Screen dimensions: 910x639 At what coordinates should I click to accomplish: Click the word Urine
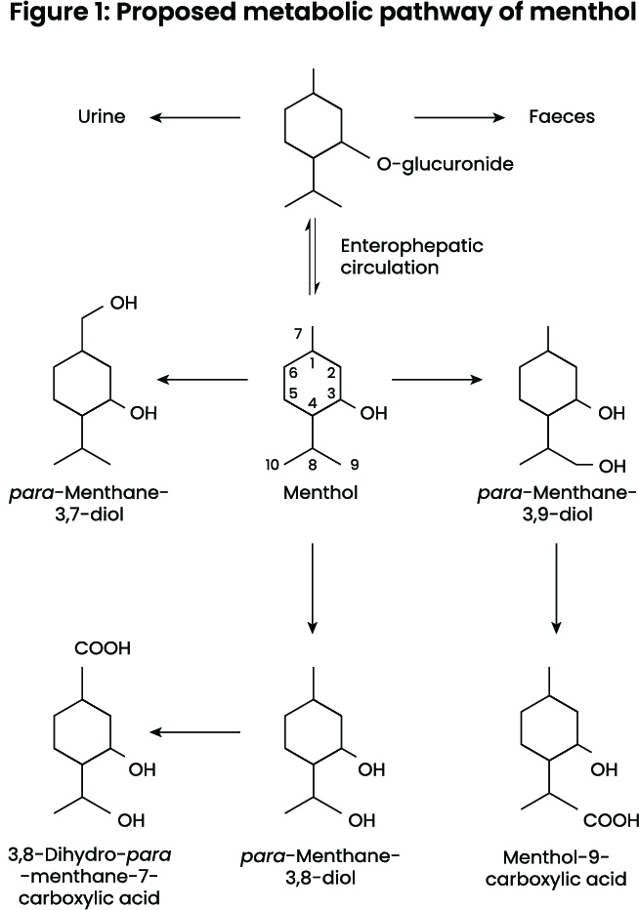102,117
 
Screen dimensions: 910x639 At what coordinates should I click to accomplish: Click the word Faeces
562,117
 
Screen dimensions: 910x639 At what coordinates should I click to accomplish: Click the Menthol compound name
320,493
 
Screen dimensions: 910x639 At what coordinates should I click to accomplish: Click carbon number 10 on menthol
275,463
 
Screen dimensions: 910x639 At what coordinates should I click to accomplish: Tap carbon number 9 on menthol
355,463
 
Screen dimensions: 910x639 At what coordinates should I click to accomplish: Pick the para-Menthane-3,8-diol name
320,867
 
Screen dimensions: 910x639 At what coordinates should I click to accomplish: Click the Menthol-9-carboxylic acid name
557,867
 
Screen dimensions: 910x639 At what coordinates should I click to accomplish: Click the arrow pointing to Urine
195,118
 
